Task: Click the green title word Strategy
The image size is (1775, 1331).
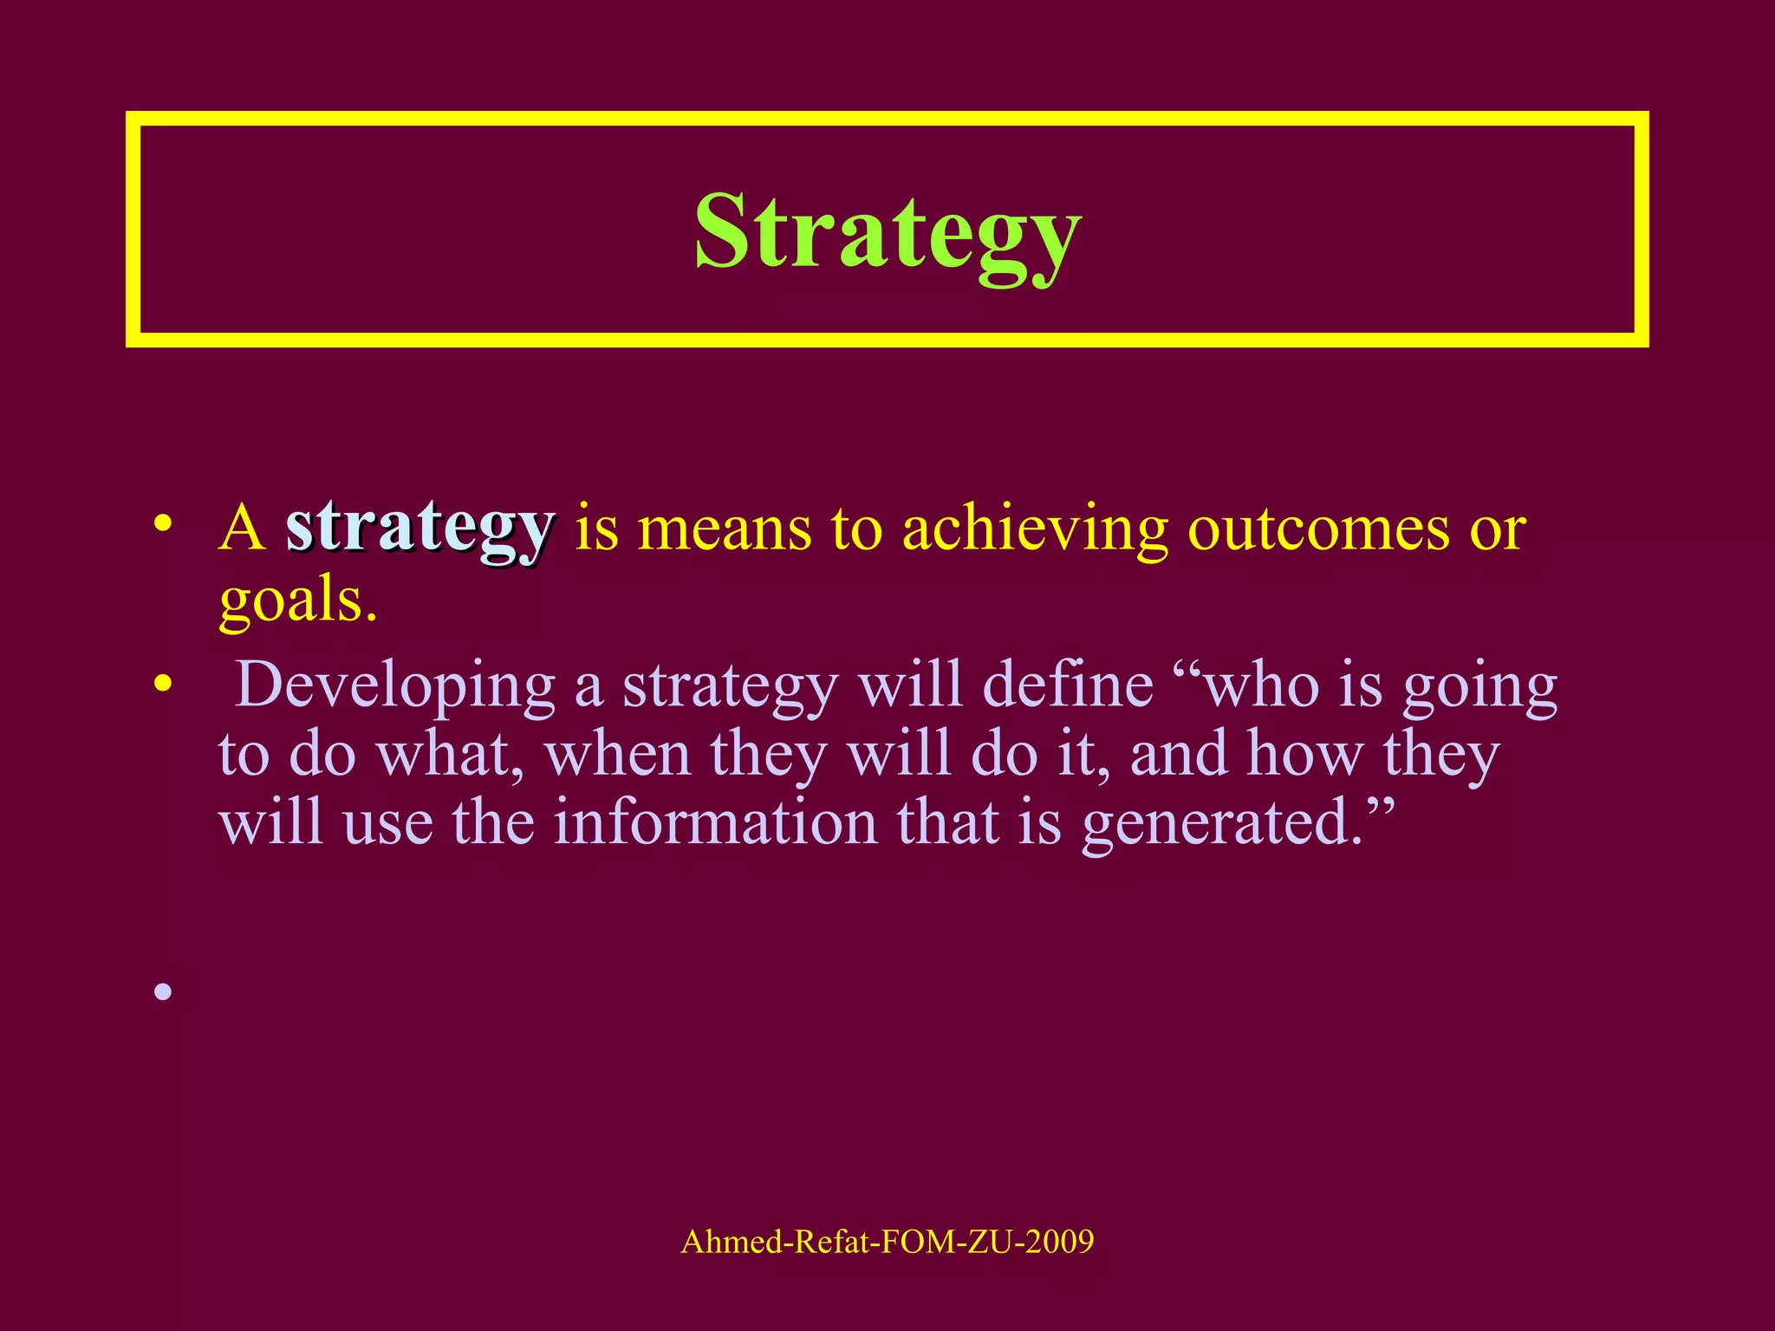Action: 887,232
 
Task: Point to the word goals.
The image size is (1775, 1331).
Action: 297,601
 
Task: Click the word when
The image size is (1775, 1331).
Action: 617,754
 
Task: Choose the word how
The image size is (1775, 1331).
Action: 1304,754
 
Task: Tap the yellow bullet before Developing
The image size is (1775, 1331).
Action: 162,685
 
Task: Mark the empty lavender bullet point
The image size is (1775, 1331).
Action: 163,991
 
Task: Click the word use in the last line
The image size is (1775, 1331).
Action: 387,823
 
